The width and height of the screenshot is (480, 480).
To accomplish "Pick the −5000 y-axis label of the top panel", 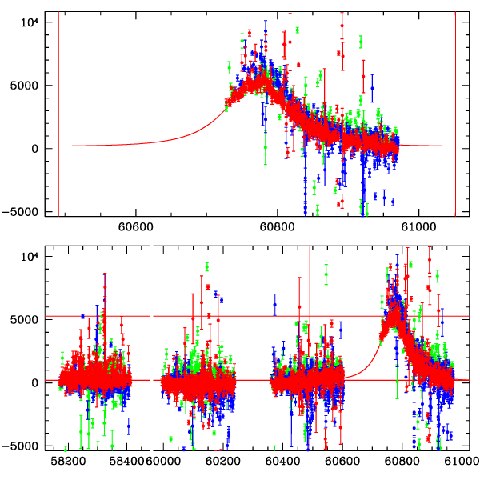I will tap(21, 212).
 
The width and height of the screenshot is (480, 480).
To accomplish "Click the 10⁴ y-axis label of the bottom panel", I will tap(29, 254).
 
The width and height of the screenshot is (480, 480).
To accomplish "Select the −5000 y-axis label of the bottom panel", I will tap(21, 446).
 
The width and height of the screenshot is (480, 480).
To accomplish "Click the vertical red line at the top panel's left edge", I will tap(58, 112).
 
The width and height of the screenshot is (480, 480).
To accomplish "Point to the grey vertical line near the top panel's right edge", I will tap(455, 112).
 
